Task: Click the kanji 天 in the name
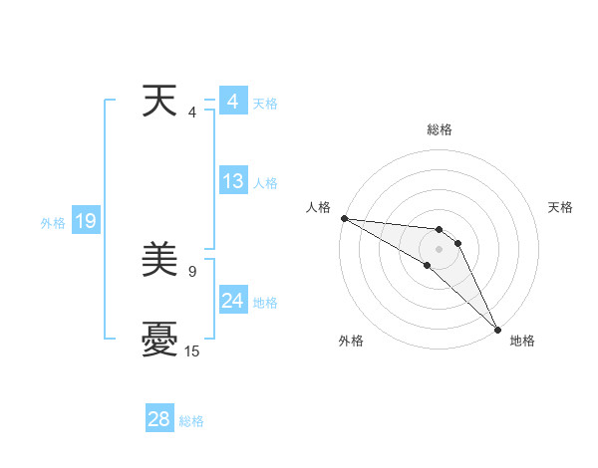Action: click(x=159, y=101)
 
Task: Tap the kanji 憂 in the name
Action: click(x=159, y=341)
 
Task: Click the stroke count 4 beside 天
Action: click(x=191, y=112)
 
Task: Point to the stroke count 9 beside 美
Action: click(x=191, y=270)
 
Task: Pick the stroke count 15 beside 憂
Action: click(x=192, y=351)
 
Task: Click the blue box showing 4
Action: click(x=232, y=102)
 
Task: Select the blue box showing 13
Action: click(x=232, y=181)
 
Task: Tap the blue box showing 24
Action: click(x=232, y=301)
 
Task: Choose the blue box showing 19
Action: click(x=86, y=221)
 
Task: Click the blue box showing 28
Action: click(x=159, y=419)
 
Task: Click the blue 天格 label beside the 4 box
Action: click(x=265, y=104)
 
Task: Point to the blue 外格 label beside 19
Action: click(x=53, y=223)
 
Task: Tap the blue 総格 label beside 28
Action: click(x=191, y=421)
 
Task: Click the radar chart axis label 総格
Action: click(x=440, y=129)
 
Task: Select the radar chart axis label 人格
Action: click(x=318, y=207)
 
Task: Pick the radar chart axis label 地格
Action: click(x=522, y=341)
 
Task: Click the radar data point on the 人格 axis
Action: click(x=344, y=218)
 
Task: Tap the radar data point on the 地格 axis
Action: click(x=497, y=329)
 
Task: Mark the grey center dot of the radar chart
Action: click(x=439, y=249)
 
